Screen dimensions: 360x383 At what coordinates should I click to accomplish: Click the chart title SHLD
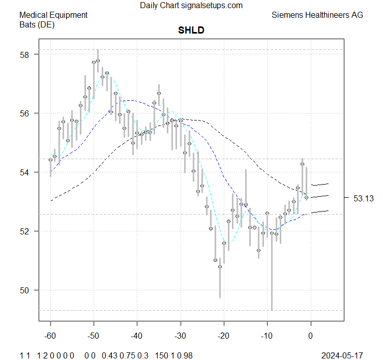tap(191, 31)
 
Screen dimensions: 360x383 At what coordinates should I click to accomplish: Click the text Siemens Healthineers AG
tap(317, 15)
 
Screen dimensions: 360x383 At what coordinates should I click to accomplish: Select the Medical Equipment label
tap(53, 15)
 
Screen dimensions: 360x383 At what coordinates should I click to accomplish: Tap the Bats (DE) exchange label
tap(37, 24)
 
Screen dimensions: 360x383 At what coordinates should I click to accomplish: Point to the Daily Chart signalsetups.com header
tap(191, 6)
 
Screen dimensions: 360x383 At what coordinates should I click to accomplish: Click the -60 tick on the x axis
tap(50, 336)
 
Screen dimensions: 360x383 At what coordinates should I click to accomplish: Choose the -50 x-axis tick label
tap(94, 336)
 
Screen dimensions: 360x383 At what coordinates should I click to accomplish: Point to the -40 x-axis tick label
tap(137, 336)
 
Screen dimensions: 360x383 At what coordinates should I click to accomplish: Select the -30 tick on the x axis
tap(181, 336)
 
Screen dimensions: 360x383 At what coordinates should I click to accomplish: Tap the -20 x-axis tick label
tap(224, 336)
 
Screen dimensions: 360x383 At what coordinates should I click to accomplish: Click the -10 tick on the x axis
tap(267, 336)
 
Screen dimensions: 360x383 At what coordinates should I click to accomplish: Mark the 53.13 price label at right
tap(364, 198)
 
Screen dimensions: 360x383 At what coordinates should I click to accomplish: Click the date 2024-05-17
tap(342, 354)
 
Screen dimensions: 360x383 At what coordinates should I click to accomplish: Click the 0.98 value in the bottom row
tap(187, 354)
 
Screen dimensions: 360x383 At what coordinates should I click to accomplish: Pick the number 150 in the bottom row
tap(162, 354)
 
